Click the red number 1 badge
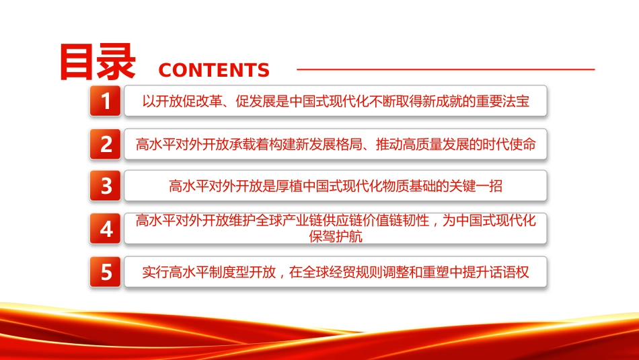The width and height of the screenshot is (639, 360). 105,101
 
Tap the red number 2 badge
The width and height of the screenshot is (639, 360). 105,144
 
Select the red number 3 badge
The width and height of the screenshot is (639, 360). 105,186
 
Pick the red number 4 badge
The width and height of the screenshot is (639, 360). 105,229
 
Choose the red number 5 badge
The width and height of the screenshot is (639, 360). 105,272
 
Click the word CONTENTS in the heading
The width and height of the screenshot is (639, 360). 214,70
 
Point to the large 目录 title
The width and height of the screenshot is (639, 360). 98,62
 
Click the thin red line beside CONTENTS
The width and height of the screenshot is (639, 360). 446,69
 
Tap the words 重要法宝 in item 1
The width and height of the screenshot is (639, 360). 502,101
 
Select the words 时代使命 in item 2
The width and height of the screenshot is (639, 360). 509,144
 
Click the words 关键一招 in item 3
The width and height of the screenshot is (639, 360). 476,186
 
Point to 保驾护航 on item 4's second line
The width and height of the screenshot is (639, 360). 336,236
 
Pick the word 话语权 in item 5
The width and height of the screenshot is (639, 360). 509,272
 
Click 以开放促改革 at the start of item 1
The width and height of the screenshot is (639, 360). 182,101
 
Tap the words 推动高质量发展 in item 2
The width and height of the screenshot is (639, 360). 422,144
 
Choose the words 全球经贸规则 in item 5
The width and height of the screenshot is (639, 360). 329,272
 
